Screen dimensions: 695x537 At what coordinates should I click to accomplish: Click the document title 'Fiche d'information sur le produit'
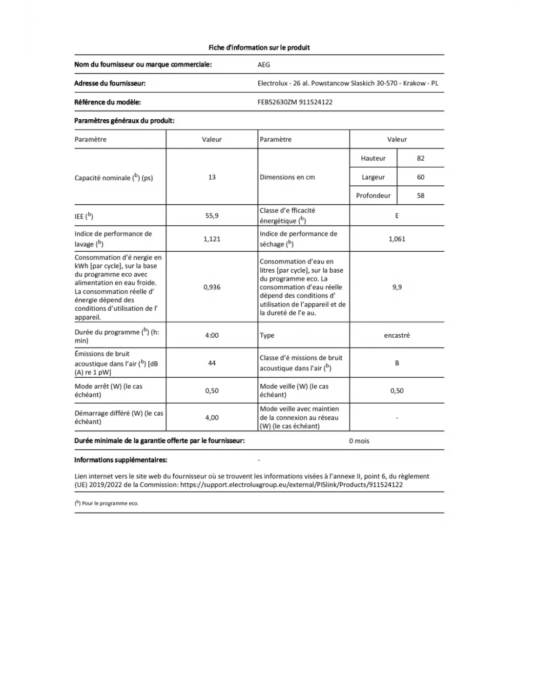tap(259, 47)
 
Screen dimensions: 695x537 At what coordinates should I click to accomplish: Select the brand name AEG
tap(264, 65)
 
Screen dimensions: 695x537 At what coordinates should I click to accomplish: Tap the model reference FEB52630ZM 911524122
tap(295, 102)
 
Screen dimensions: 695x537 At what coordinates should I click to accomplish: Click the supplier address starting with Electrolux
tap(348, 83)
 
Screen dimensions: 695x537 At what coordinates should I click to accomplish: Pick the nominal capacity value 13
tap(212, 177)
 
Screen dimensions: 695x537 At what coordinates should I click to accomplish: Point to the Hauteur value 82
tap(420, 158)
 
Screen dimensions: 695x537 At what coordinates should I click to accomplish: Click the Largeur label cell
tap(373, 177)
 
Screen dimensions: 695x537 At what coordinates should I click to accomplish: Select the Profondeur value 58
tap(420, 195)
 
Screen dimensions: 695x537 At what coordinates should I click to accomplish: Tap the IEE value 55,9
tap(212, 216)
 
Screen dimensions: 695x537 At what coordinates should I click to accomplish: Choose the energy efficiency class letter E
tap(397, 216)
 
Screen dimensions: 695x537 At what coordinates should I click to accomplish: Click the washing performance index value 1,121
tap(212, 239)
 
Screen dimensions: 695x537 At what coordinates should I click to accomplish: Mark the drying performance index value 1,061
tap(397, 239)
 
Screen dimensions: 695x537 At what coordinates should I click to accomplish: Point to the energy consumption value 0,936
tap(212, 287)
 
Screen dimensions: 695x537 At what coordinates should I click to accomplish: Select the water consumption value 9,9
tap(397, 287)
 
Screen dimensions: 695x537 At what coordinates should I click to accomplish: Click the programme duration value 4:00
tap(212, 335)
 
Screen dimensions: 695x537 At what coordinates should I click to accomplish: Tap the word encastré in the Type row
tap(397, 335)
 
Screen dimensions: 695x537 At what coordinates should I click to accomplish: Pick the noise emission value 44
tap(212, 363)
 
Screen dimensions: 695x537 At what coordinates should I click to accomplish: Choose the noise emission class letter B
tap(397, 363)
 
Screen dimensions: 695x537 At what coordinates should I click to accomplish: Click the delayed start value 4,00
tap(212, 417)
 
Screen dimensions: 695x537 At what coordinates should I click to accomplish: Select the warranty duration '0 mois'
tap(359, 441)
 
